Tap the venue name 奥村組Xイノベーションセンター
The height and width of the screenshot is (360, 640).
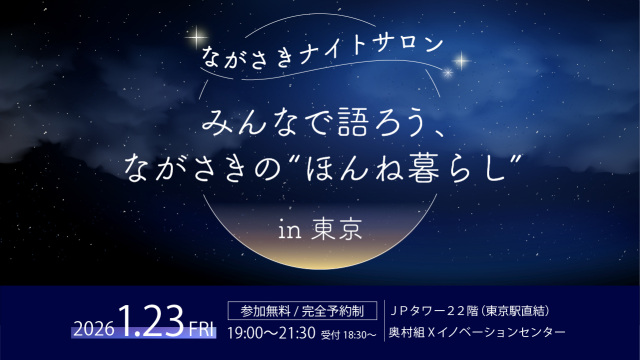click(x=476, y=331)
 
